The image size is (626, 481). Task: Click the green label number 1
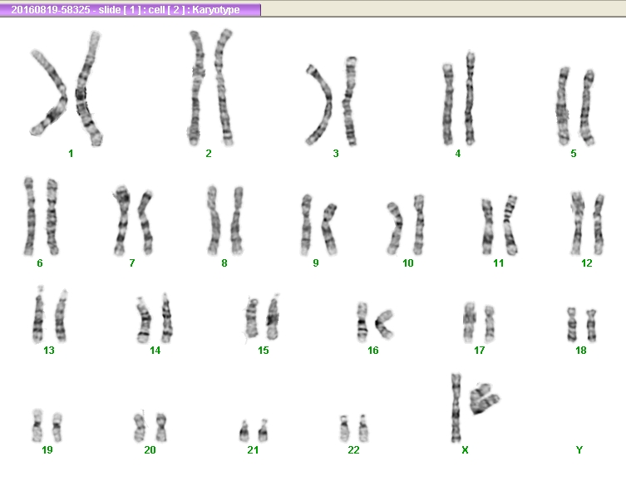click(71, 154)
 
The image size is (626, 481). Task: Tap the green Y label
click(579, 450)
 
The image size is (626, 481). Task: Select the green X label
click(465, 450)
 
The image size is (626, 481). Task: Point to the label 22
click(353, 450)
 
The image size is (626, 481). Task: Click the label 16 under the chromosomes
click(373, 351)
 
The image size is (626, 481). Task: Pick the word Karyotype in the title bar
click(216, 10)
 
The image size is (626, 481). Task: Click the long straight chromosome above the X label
click(456, 408)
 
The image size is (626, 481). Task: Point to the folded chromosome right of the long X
click(484, 399)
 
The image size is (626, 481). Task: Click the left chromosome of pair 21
click(244, 431)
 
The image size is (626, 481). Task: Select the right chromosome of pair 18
click(591, 325)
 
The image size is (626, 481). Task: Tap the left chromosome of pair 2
click(196, 88)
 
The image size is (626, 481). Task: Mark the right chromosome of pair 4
click(470, 98)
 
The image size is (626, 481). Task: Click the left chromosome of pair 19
click(37, 425)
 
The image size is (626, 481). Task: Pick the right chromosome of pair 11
click(510, 225)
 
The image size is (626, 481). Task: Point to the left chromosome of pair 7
click(121, 220)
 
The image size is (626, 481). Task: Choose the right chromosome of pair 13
click(61, 316)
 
